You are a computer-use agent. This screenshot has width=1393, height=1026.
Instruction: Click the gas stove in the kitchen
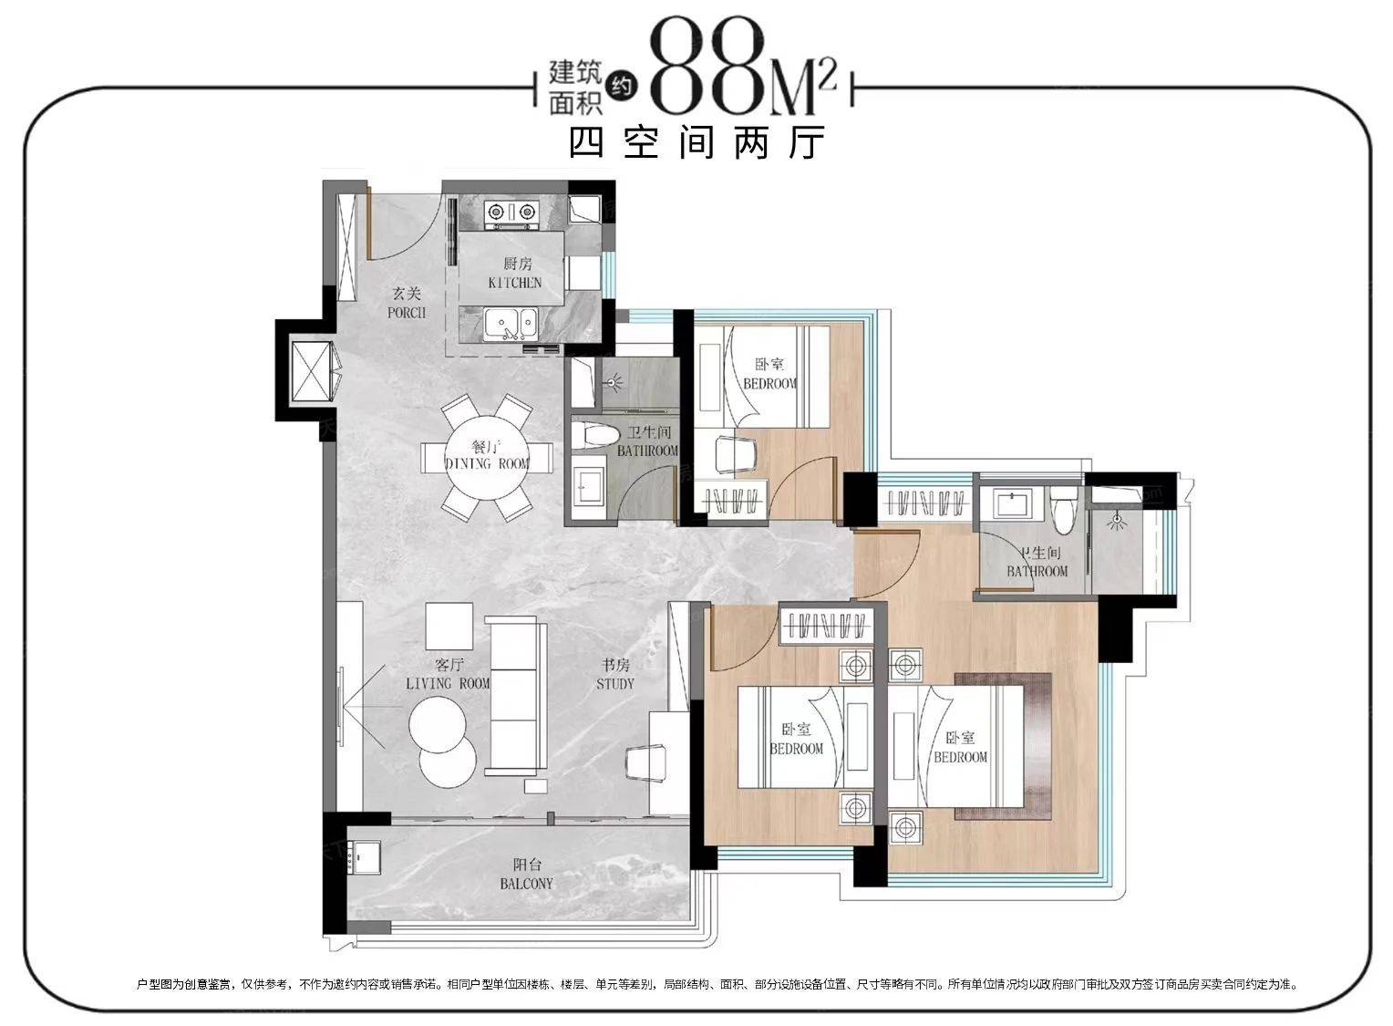point(511,212)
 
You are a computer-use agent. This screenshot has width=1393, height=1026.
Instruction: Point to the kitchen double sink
point(511,324)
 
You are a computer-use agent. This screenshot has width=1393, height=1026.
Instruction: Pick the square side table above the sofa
point(449,626)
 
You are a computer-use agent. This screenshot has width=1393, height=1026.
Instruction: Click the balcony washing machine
point(364,856)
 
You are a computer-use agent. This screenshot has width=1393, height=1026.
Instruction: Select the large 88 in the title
point(707,68)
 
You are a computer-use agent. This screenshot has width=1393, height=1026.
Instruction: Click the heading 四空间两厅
point(697,142)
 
